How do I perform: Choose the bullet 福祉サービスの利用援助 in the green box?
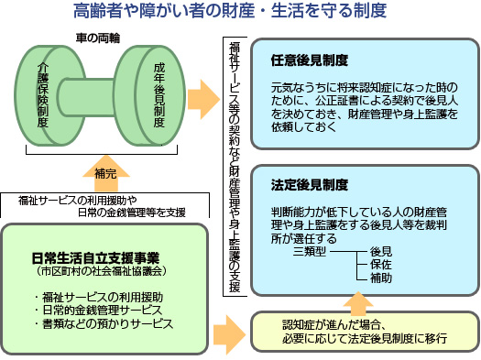click(x=101, y=297)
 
